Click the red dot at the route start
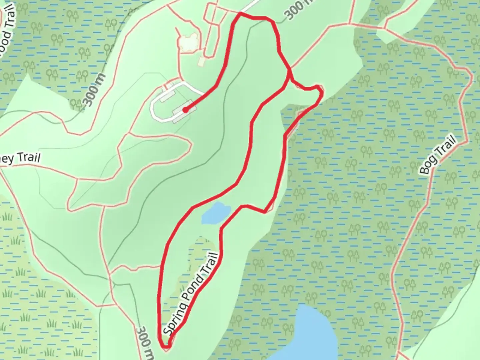point(185,110)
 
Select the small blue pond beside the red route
point(216,214)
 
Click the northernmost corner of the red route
point(240,14)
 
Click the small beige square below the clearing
point(202,62)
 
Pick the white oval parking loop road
point(154,107)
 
